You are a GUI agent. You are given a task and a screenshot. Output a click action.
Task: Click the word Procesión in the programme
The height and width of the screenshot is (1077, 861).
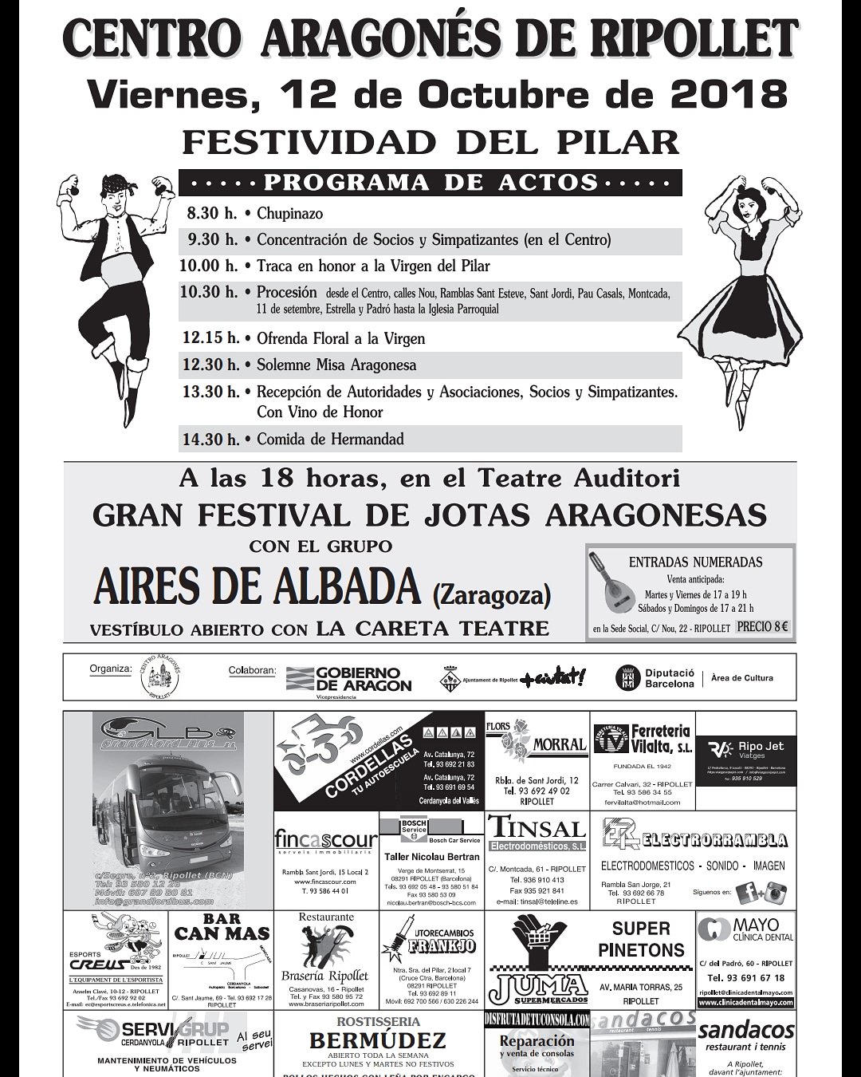[x=286, y=293]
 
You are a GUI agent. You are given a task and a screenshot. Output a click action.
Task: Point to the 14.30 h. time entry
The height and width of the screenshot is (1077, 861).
[x=210, y=439]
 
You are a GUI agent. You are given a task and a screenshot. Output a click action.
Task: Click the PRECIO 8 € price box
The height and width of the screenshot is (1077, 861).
[x=763, y=627]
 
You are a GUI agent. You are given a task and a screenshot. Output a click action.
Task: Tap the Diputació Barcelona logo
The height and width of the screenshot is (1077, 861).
[x=658, y=678]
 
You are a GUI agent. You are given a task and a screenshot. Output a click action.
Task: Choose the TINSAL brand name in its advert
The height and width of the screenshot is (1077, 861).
[x=537, y=827]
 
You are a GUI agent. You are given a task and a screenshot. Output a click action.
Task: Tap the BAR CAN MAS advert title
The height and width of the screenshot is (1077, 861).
[x=222, y=927]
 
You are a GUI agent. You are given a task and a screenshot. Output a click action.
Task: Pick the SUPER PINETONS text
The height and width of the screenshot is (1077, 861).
[x=641, y=939]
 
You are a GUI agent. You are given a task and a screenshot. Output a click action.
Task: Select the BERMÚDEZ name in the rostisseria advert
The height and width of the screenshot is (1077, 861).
[x=377, y=1040]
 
